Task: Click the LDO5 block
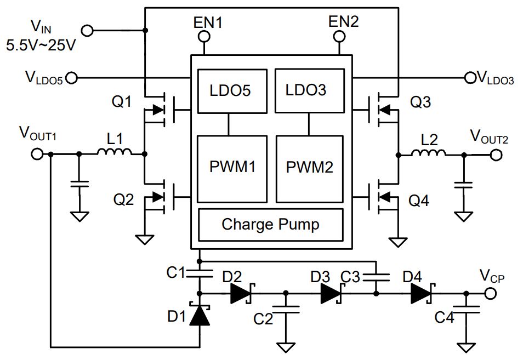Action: [232, 91]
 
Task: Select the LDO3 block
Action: [310, 90]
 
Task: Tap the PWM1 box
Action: [232, 169]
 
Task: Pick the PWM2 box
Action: [310, 169]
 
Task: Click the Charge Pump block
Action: [270, 225]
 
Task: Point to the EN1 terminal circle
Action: [204, 36]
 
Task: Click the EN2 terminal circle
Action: [339, 36]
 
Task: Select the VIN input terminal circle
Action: [88, 31]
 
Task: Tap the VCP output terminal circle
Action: [490, 294]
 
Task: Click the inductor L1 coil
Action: [115, 151]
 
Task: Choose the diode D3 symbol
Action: [331, 294]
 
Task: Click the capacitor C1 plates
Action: [200, 273]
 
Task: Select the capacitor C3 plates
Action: [376, 277]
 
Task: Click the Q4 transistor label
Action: [419, 201]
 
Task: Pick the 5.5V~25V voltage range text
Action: [41, 45]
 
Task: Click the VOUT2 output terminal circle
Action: [496, 155]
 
